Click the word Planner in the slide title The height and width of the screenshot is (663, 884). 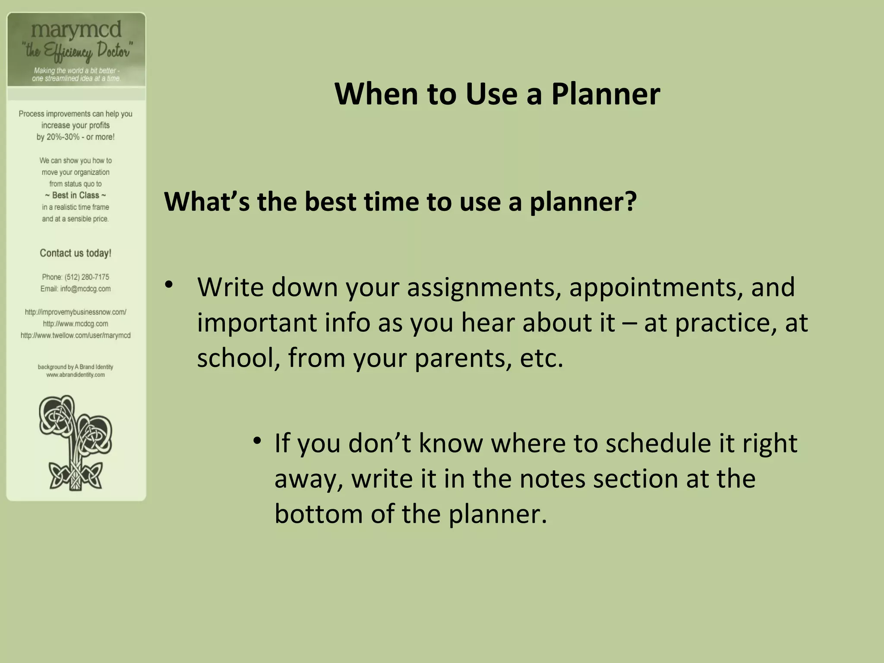pyautogui.click(x=606, y=95)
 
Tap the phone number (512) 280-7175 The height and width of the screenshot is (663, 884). pyautogui.click(x=87, y=277)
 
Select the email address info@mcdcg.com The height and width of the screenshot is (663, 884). pyautogui.click(x=85, y=289)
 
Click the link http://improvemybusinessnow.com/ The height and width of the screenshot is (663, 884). pyautogui.click(x=76, y=312)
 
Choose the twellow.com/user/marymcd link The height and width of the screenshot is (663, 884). pyautogui.click(x=76, y=335)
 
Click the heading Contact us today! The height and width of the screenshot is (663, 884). pyautogui.click(x=76, y=253)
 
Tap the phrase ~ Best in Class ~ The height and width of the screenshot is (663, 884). pyautogui.click(x=76, y=196)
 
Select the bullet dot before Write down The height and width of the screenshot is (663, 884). pyautogui.click(x=169, y=284)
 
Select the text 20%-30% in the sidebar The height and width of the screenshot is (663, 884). pyautogui.click(x=63, y=137)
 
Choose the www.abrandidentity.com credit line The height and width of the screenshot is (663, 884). pyautogui.click(x=76, y=375)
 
